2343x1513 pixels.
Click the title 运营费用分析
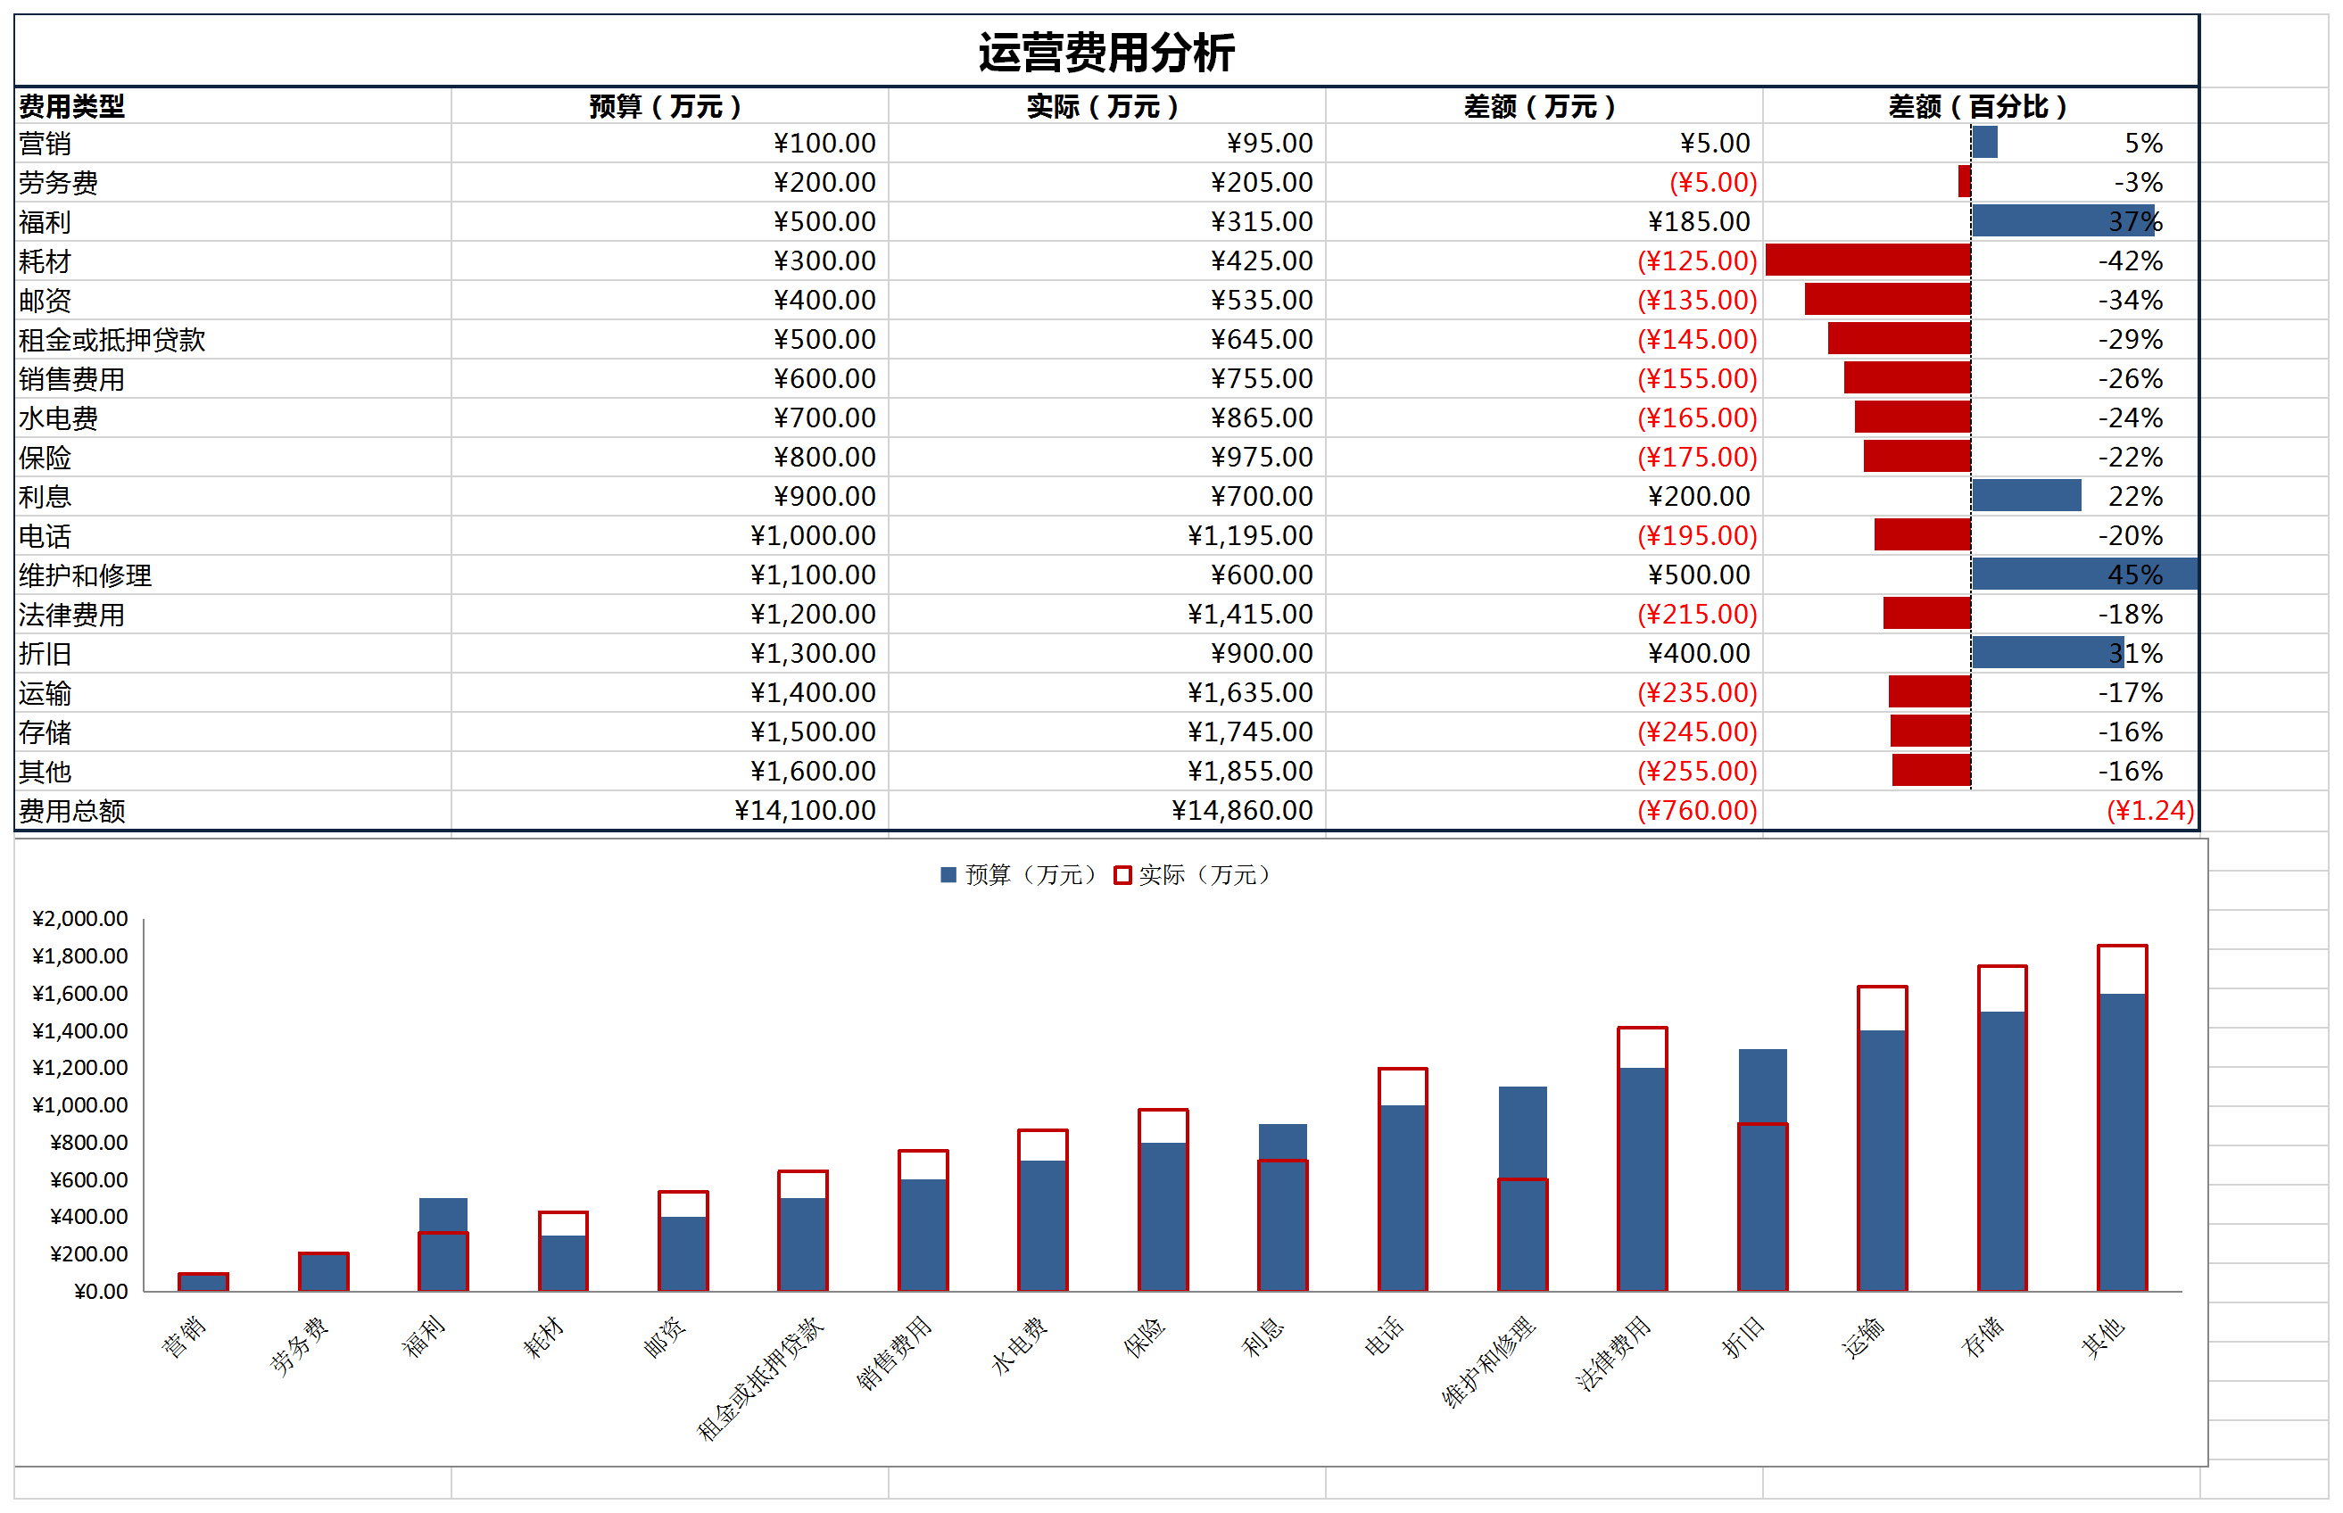[x=1105, y=52]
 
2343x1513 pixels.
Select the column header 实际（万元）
[x=1102, y=106]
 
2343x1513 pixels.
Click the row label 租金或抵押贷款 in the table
[x=112, y=340]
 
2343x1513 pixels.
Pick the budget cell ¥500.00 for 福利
[x=824, y=222]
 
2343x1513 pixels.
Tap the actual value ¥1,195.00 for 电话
[x=1250, y=535]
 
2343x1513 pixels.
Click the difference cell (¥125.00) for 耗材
[x=1697, y=261]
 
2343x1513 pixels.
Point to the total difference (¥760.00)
[x=1697, y=811]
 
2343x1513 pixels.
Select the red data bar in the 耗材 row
[x=1867, y=260]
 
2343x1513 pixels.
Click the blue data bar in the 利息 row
[x=2025, y=496]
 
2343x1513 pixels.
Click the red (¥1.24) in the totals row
[x=2149, y=811]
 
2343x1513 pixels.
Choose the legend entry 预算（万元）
[x=1018, y=874]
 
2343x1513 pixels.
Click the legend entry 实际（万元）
[x=1194, y=874]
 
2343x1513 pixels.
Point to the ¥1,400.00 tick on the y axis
[x=80, y=1030]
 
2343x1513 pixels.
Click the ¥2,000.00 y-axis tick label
[x=80, y=919]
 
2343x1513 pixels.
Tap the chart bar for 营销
[x=203, y=1281]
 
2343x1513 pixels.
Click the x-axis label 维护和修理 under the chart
[x=1487, y=1360]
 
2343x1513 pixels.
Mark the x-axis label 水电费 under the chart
[x=1020, y=1344]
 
